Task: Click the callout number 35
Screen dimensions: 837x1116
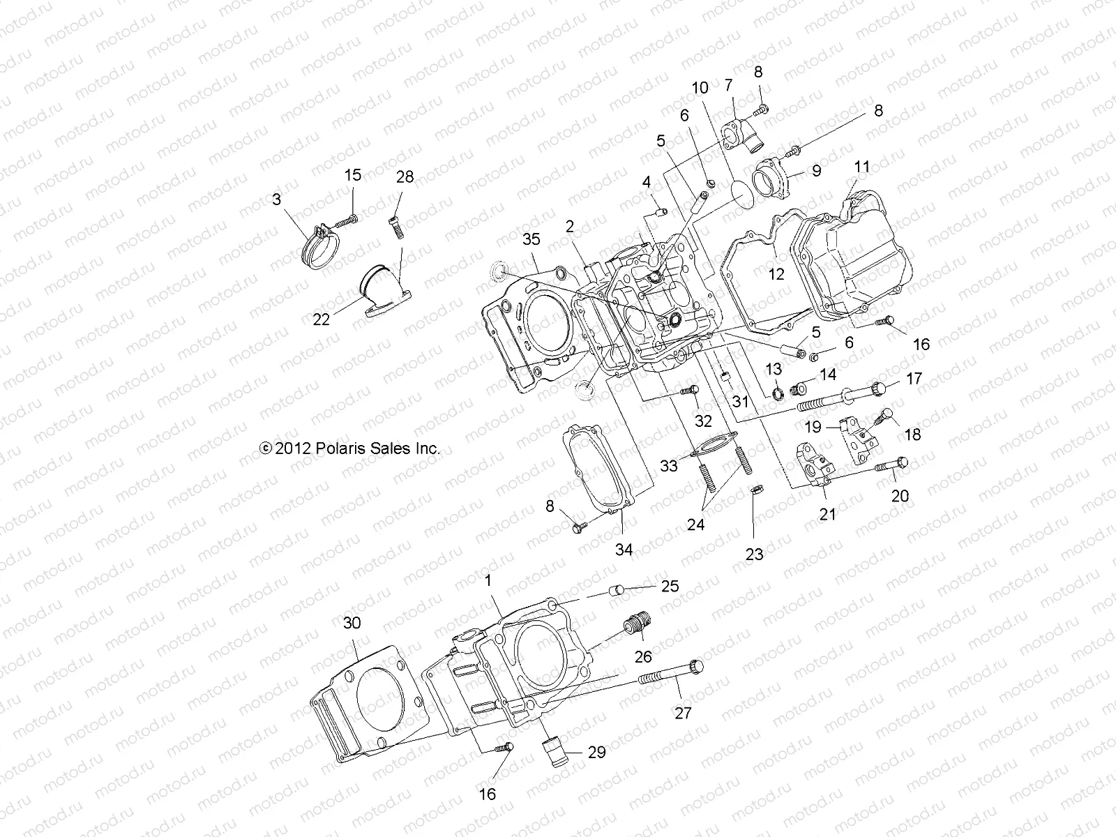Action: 531,240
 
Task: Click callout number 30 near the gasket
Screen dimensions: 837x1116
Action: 352,623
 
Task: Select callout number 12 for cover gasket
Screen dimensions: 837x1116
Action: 776,274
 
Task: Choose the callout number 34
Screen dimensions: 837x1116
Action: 624,550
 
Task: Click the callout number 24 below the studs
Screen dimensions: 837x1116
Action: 695,525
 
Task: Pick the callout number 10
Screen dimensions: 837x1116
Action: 700,88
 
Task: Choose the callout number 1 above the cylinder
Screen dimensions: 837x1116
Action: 488,580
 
